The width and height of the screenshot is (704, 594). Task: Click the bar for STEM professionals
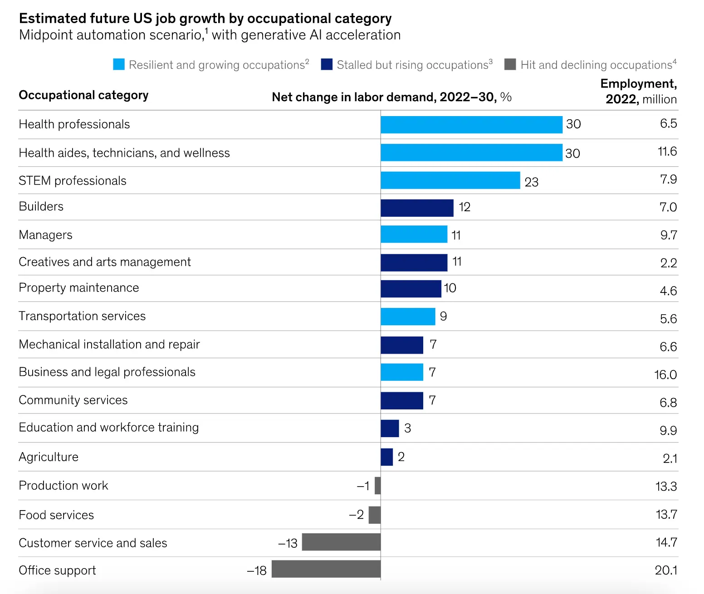[x=450, y=180]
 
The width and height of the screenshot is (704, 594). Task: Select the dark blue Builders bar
[x=417, y=208]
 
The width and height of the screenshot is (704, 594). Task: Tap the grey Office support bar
[x=326, y=569]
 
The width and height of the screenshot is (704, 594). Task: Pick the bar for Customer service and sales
[x=341, y=542]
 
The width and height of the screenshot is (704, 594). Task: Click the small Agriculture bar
[x=386, y=457]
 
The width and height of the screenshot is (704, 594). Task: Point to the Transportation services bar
[x=408, y=316]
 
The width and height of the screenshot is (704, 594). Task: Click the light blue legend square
[x=119, y=64]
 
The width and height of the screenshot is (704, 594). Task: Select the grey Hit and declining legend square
[x=510, y=64]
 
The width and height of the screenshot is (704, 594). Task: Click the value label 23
[x=531, y=182]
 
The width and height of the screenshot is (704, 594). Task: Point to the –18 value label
[x=257, y=570]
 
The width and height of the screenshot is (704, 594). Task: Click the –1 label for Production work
[x=363, y=486]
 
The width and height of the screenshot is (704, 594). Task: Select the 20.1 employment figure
[x=665, y=570]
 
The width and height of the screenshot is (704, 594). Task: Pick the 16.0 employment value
[x=665, y=375]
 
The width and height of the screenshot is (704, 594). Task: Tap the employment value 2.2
[x=668, y=263]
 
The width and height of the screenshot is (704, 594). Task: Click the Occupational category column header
[x=83, y=95]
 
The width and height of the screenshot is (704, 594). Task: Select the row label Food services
[x=56, y=515]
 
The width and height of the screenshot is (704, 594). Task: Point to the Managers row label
[x=45, y=235]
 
